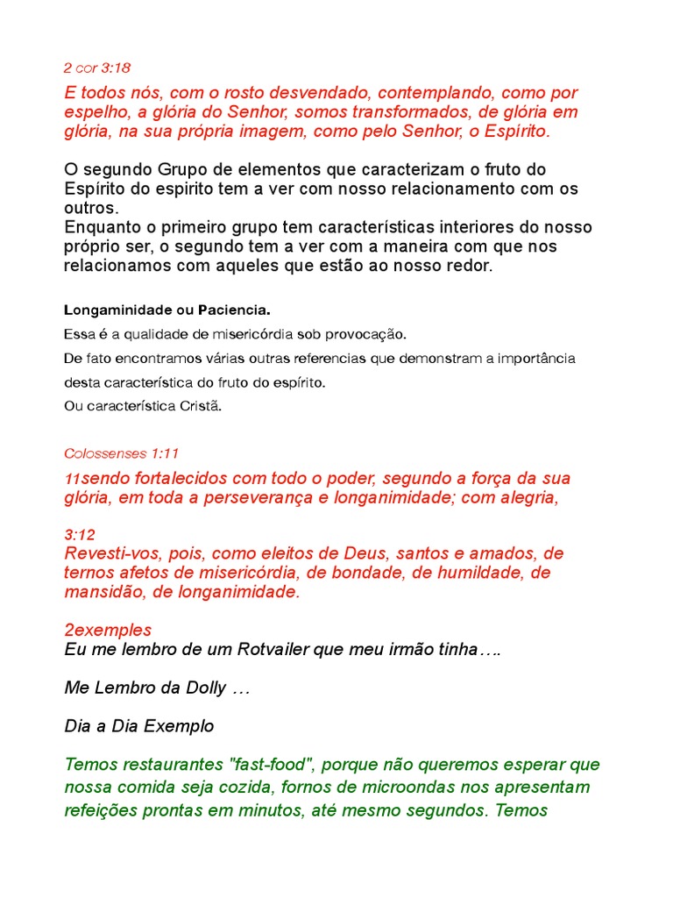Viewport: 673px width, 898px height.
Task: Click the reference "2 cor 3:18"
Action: point(97,68)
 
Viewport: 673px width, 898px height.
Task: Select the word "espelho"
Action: point(95,112)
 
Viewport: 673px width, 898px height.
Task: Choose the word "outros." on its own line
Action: point(90,208)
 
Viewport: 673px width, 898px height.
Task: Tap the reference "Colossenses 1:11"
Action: point(121,453)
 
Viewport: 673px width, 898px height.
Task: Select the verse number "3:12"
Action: point(80,534)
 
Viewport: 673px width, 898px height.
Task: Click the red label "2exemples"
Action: point(108,630)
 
